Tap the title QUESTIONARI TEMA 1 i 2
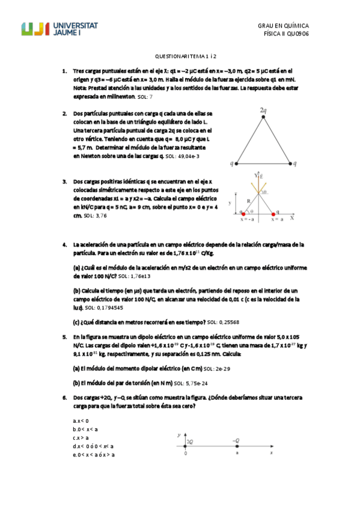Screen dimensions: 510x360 tap(180, 55)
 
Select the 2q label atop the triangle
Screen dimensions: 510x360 tap(263, 111)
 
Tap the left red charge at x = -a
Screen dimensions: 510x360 tap(243, 213)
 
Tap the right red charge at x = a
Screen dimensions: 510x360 tap(273, 213)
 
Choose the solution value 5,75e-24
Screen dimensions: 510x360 tap(195, 382)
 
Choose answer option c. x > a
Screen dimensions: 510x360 tap(81, 438)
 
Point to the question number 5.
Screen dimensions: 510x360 tap(65, 337)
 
